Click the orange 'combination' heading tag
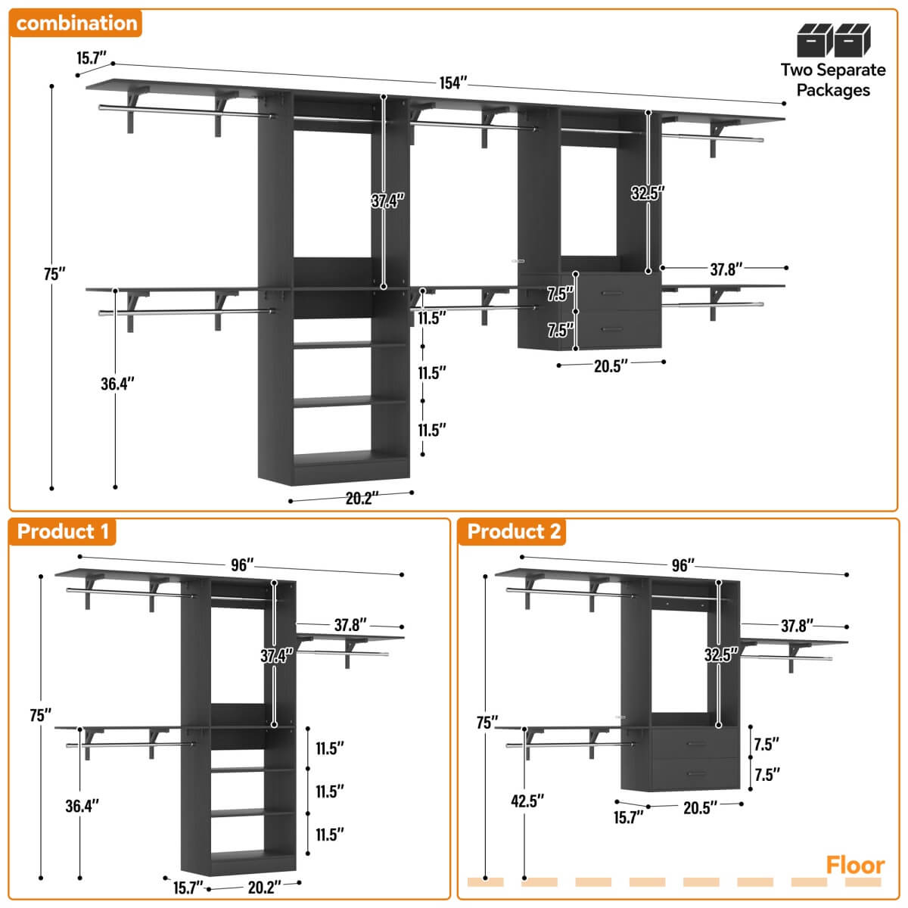click(76, 23)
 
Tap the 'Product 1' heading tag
click(63, 531)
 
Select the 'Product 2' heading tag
click(514, 531)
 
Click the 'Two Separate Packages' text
click(833, 79)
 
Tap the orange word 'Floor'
click(855, 865)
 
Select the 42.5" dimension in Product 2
click(527, 801)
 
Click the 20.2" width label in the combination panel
click(362, 499)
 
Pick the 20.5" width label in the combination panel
click(611, 366)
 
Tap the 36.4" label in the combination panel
click(117, 384)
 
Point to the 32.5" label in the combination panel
click(648, 193)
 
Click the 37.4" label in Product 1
click(277, 656)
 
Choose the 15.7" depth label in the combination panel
click(92, 58)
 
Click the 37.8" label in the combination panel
click(726, 269)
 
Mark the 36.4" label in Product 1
click(82, 806)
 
